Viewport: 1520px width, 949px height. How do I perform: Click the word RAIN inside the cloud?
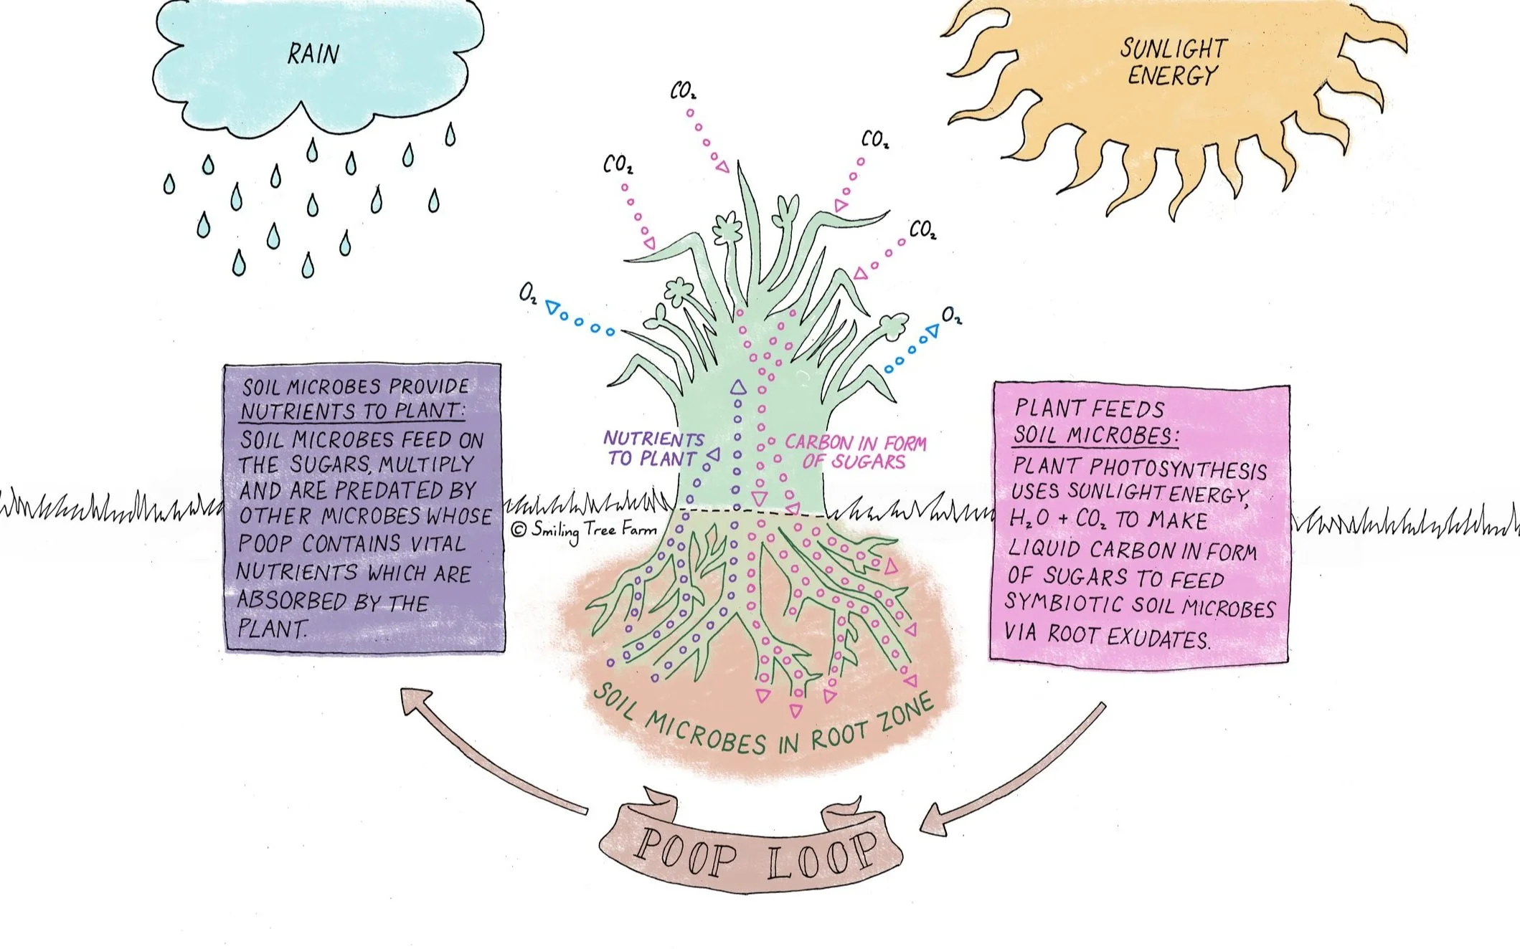[x=313, y=54]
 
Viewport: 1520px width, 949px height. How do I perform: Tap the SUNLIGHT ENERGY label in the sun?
[x=1174, y=62]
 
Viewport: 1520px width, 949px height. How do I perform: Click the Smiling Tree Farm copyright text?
[x=585, y=530]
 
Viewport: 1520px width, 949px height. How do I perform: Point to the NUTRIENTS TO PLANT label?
[x=653, y=449]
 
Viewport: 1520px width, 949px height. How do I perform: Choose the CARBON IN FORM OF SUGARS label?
[x=855, y=452]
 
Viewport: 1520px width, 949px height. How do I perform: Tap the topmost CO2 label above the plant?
[x=683, y=91]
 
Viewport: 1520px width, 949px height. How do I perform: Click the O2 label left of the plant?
[x=528, y=294]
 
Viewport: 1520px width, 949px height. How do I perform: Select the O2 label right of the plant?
[x=951, y=315]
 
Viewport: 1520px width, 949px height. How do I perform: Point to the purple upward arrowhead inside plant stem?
[x=738, y=388]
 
